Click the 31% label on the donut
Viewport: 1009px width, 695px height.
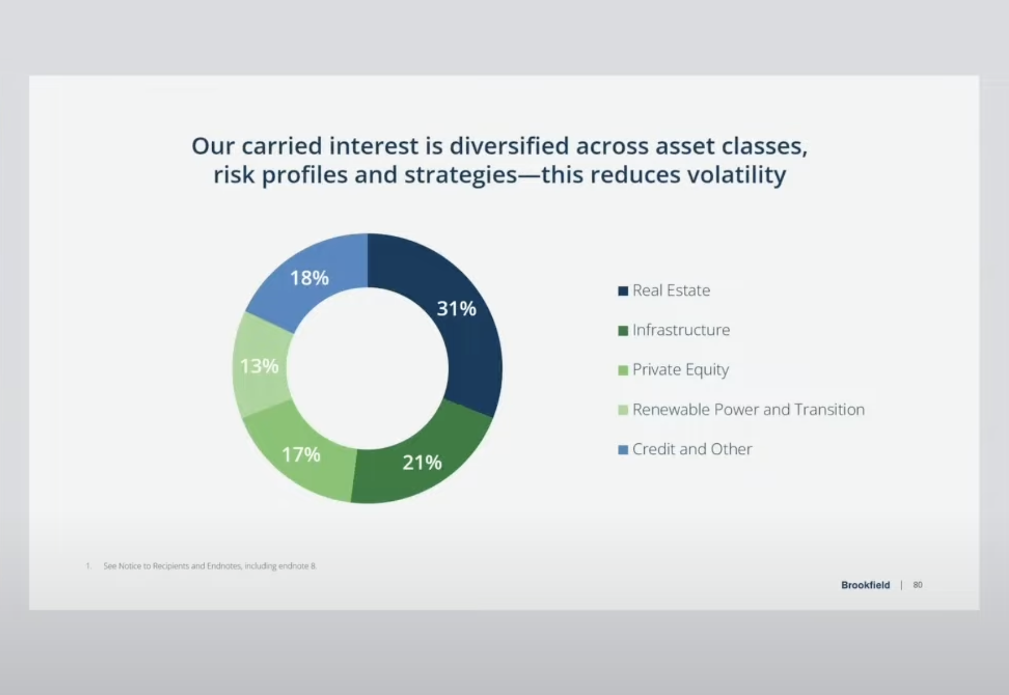pyautogui.click(x=456, y=309)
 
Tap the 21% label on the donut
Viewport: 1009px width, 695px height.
pyautogui.click(x=422, y=462)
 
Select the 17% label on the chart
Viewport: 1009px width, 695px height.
pyautogui.click(x=300, y=455)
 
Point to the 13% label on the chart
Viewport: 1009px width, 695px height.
pyautogui.click(x=259, y=366)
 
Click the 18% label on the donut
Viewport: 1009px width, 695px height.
pyautogui.click(x=309, y=278)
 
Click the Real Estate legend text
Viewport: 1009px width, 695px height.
pyautogui.click(x=671, y=290)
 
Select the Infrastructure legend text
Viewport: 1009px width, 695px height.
pyautogui.click(x=681, y=330)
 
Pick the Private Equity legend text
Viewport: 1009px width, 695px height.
pyautogui.click(x=680, y=369)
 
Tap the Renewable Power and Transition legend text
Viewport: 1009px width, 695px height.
pyautogui.click(x=748, y=410)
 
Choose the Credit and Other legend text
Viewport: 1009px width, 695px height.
pyautogui.click(x=692, y=449)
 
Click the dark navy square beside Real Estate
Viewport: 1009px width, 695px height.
pyautogui.click(x=623, y=291)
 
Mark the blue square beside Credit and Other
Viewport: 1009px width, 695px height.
pyautogui.click(x=623, y=450)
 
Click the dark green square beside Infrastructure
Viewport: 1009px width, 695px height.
pyautogui.click(x=623, y=331)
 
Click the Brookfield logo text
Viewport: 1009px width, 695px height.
pyautogui.click(x=865, y=585)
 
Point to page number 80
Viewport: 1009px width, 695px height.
pyautogui.click(x=917, y=585)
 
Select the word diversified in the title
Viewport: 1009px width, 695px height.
pyautogui.click(x=509, y=146)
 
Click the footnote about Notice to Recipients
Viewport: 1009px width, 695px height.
pyautogui.click(x=209, y=566)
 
